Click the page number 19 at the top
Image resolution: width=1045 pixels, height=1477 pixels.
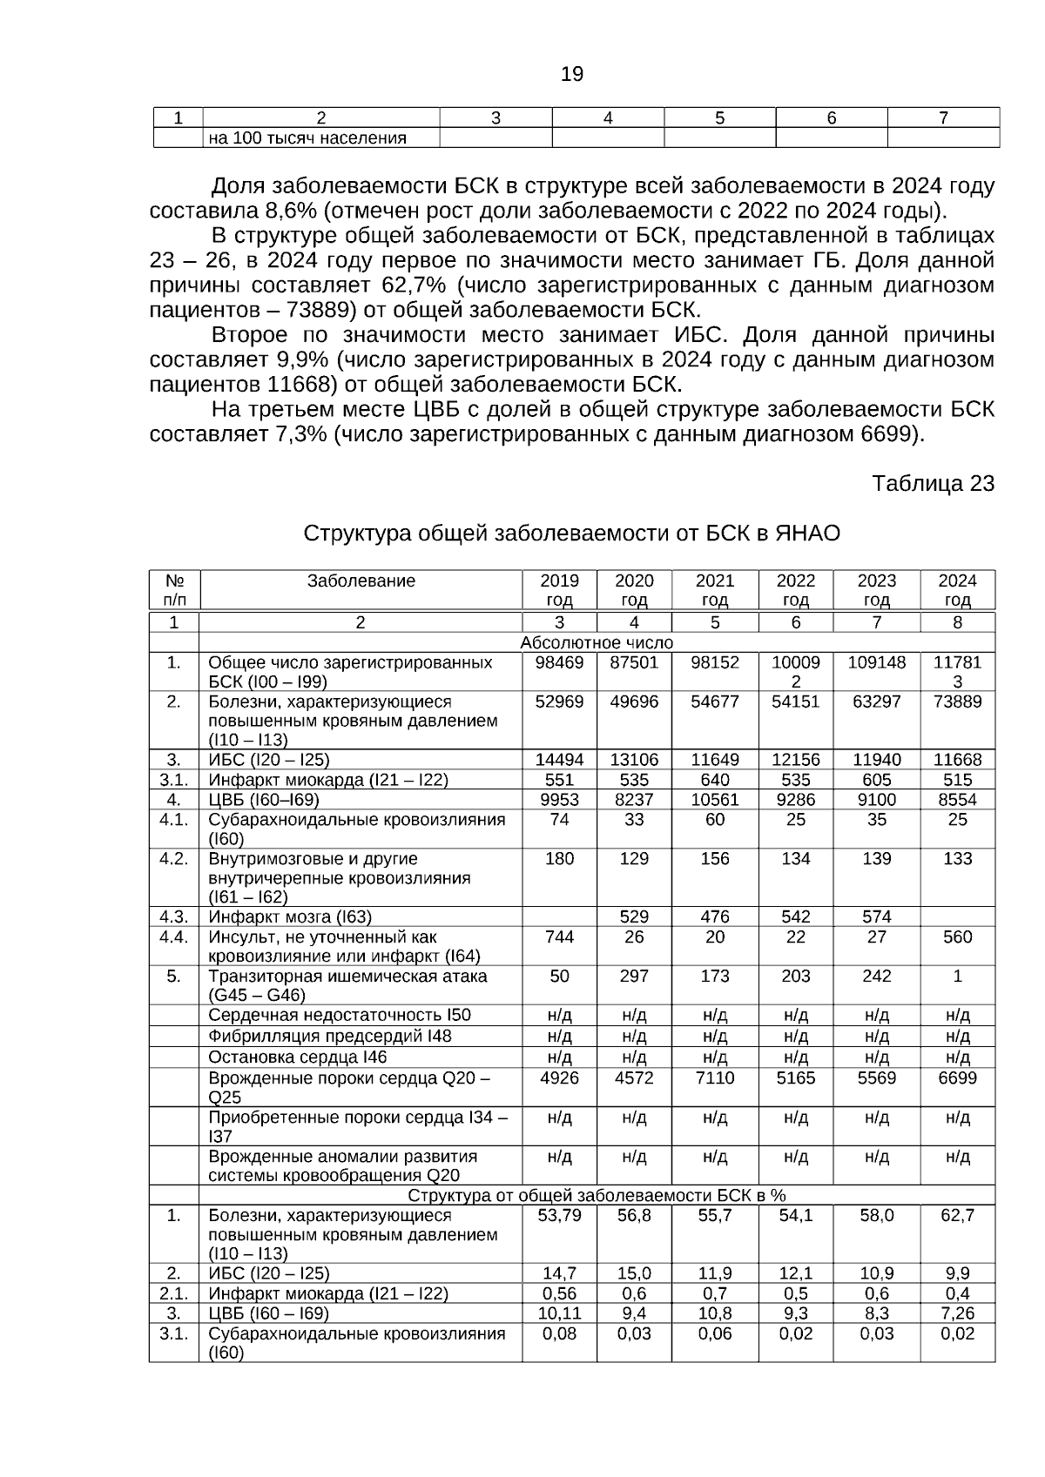pos(571,75)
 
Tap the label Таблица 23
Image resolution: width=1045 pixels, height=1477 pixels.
pos(933,484)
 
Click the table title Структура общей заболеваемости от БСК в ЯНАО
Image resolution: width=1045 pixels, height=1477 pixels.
pos(571,534)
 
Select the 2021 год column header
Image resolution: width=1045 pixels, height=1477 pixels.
pos(715,590)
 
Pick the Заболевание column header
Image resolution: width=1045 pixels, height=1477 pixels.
pos(361,581)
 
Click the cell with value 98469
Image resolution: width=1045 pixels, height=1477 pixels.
pos(559,662)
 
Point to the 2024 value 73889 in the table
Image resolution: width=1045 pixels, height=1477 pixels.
pos(957,702)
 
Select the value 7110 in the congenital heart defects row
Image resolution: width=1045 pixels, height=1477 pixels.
pos(715,1078)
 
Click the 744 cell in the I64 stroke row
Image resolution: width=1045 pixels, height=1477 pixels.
pos(559,937)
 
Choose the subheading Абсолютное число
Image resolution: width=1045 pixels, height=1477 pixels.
pos(597,643)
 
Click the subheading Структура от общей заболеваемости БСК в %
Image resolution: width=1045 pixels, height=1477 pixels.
pos(597,1195)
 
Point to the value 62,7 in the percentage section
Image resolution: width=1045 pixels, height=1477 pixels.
pos(957,1215)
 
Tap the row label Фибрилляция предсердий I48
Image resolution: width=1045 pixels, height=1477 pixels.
pos(329,1036)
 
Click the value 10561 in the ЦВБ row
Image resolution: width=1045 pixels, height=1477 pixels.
pos(715,800)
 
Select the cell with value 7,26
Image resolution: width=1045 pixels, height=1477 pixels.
pos(957,1313)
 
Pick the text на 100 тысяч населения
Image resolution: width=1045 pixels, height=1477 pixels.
pos(307,138)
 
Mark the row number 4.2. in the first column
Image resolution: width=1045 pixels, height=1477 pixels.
pos(173,859)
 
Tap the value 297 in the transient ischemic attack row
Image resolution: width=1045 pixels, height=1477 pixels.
pos(634,977)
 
